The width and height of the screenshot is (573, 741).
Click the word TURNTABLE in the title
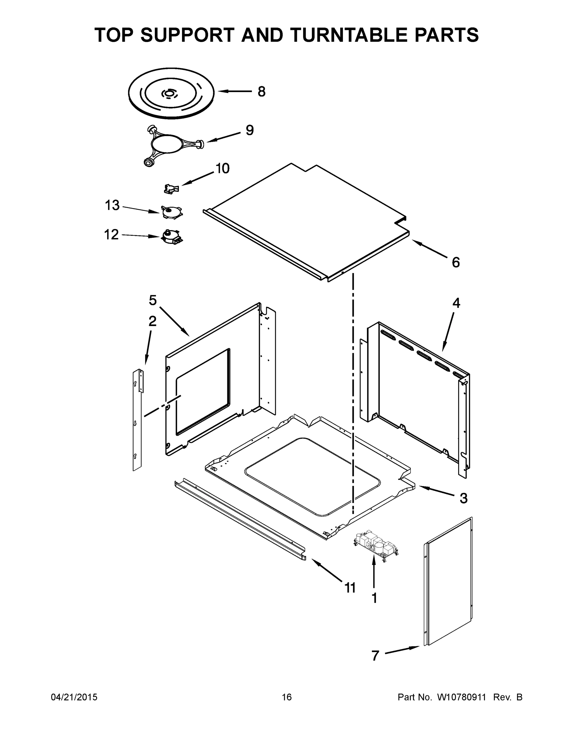tap(350, 35)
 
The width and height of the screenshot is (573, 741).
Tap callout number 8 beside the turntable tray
tap(261, 91)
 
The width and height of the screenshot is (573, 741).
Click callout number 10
tap(223, 168)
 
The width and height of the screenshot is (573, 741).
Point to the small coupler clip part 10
tap(171, 189)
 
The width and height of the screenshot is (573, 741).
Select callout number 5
tap(153, 300)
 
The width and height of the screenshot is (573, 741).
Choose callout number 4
tap(456, 303)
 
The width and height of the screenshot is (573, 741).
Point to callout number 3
tap(463, 498)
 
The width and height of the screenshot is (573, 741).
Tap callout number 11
tap(350, 588)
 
